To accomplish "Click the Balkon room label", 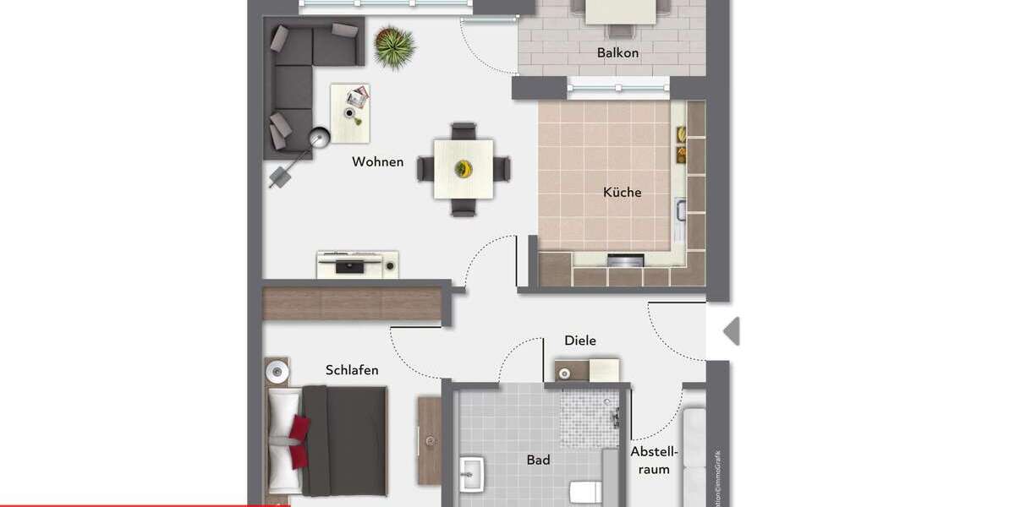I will click(x=617, y=53).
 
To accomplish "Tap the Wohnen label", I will click(x=378, y=161).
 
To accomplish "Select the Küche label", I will click(x=623, y=192).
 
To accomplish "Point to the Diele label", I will click(x=580, y=341).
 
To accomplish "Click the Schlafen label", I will click(x=352, y=370).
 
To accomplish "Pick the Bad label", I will click(x=538, y=460).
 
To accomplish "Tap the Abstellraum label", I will click(x=654, y=461).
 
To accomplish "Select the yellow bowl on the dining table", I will click(x=463, y=168).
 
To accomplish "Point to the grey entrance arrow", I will click(x=732, y=331).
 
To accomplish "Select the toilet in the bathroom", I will click(x=583, y=492).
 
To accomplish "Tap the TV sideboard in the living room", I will click(x=358, y=264).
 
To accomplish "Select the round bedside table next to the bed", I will click(x=276, y=369).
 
